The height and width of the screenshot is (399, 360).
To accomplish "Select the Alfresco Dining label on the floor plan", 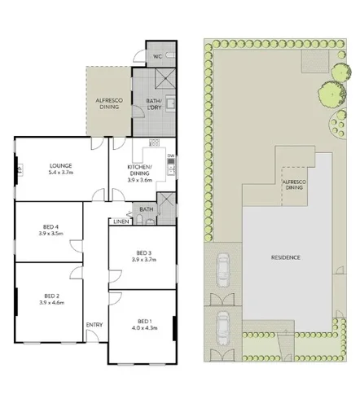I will (x=109, y=101).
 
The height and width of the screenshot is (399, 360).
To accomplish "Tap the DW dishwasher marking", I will (x=170, y=156).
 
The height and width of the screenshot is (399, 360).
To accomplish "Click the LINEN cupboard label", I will (x=121, y=221).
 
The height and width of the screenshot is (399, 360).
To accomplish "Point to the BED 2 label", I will (x=51, y=295).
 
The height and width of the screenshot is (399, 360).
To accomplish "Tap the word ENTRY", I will (x=94, y=326).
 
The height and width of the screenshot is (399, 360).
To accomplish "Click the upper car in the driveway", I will (x=223, y=267).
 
